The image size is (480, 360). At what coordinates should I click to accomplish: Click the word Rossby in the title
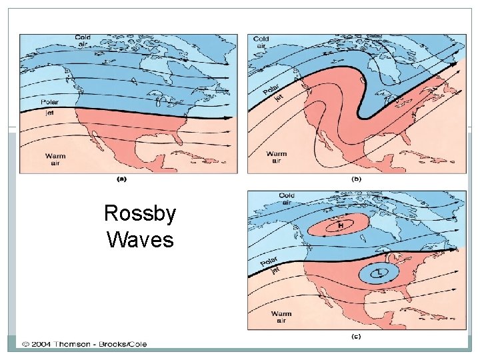140,213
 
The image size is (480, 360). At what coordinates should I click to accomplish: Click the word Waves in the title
140,238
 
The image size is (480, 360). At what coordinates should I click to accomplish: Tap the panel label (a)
122,179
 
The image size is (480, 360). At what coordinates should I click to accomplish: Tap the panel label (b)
356,179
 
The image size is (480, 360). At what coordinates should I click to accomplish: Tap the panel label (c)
356,337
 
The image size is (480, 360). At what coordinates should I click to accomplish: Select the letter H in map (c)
341,225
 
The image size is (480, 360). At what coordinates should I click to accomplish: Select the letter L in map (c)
377,272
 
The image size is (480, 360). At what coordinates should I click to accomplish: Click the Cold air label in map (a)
83,41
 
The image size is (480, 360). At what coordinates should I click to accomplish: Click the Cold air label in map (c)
287,199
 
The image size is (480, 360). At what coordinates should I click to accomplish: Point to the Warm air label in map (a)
55,159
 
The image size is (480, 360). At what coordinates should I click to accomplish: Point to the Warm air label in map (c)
281,317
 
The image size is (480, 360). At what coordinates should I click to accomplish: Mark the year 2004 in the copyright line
39,344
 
